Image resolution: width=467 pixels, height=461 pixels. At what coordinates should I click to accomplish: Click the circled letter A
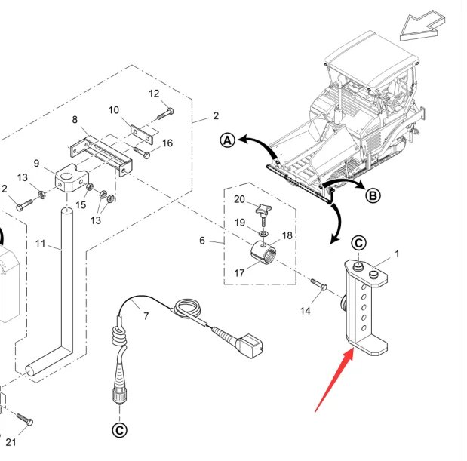coord(228,140)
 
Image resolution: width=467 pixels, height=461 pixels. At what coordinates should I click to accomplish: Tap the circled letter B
coord(373,196)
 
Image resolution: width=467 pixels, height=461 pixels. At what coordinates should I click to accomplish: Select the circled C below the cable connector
coord(119,430)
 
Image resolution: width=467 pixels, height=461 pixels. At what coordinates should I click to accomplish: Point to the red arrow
coord(334,381)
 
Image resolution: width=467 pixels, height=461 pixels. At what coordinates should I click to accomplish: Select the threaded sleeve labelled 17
coord(263,253)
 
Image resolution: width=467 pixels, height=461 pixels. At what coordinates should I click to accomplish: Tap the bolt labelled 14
coord(319,284)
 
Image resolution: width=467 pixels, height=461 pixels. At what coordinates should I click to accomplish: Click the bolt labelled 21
coord(25,419)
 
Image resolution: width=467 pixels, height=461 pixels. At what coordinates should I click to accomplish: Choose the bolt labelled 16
coord(142,152)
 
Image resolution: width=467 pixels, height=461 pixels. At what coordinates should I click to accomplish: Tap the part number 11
coord(41,244)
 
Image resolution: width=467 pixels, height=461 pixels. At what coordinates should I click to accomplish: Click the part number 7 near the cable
coord(146,316)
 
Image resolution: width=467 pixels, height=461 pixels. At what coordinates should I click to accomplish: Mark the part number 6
coord(202,241)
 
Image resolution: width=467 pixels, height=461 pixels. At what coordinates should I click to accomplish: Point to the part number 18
coord(287,235)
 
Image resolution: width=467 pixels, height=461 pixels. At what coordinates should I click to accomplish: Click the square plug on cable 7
coord(250,346)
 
